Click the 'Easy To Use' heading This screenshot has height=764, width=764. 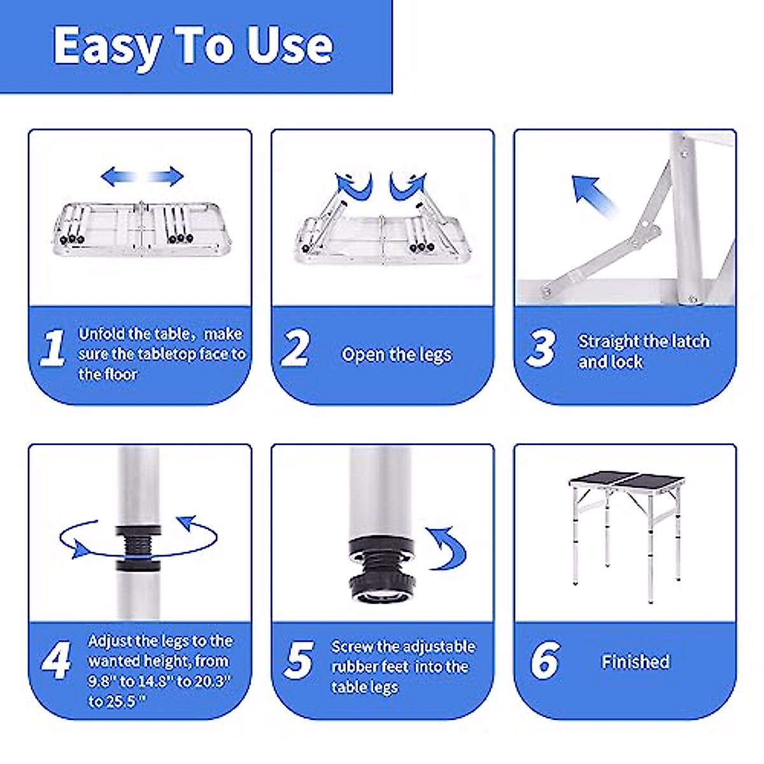pos(193,47)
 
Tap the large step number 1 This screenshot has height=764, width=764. pos(53,348)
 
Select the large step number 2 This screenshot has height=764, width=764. pos(295,348)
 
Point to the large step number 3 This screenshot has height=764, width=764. pos(540,348)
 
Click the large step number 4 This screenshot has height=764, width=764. pos(56,660)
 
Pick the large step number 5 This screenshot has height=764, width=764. pos(299,660)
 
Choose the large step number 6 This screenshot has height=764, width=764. pos(545,660)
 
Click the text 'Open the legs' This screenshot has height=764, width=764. pos(397,355)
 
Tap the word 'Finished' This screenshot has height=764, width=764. pos(635,661)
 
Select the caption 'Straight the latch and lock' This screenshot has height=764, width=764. pos(644,351)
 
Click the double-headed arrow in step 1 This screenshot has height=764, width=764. pos(142,176)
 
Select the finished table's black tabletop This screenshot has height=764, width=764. pos(626,480)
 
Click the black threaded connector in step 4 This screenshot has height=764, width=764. pos(138,549)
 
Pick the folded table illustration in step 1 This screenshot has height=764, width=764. pos(142,229)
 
